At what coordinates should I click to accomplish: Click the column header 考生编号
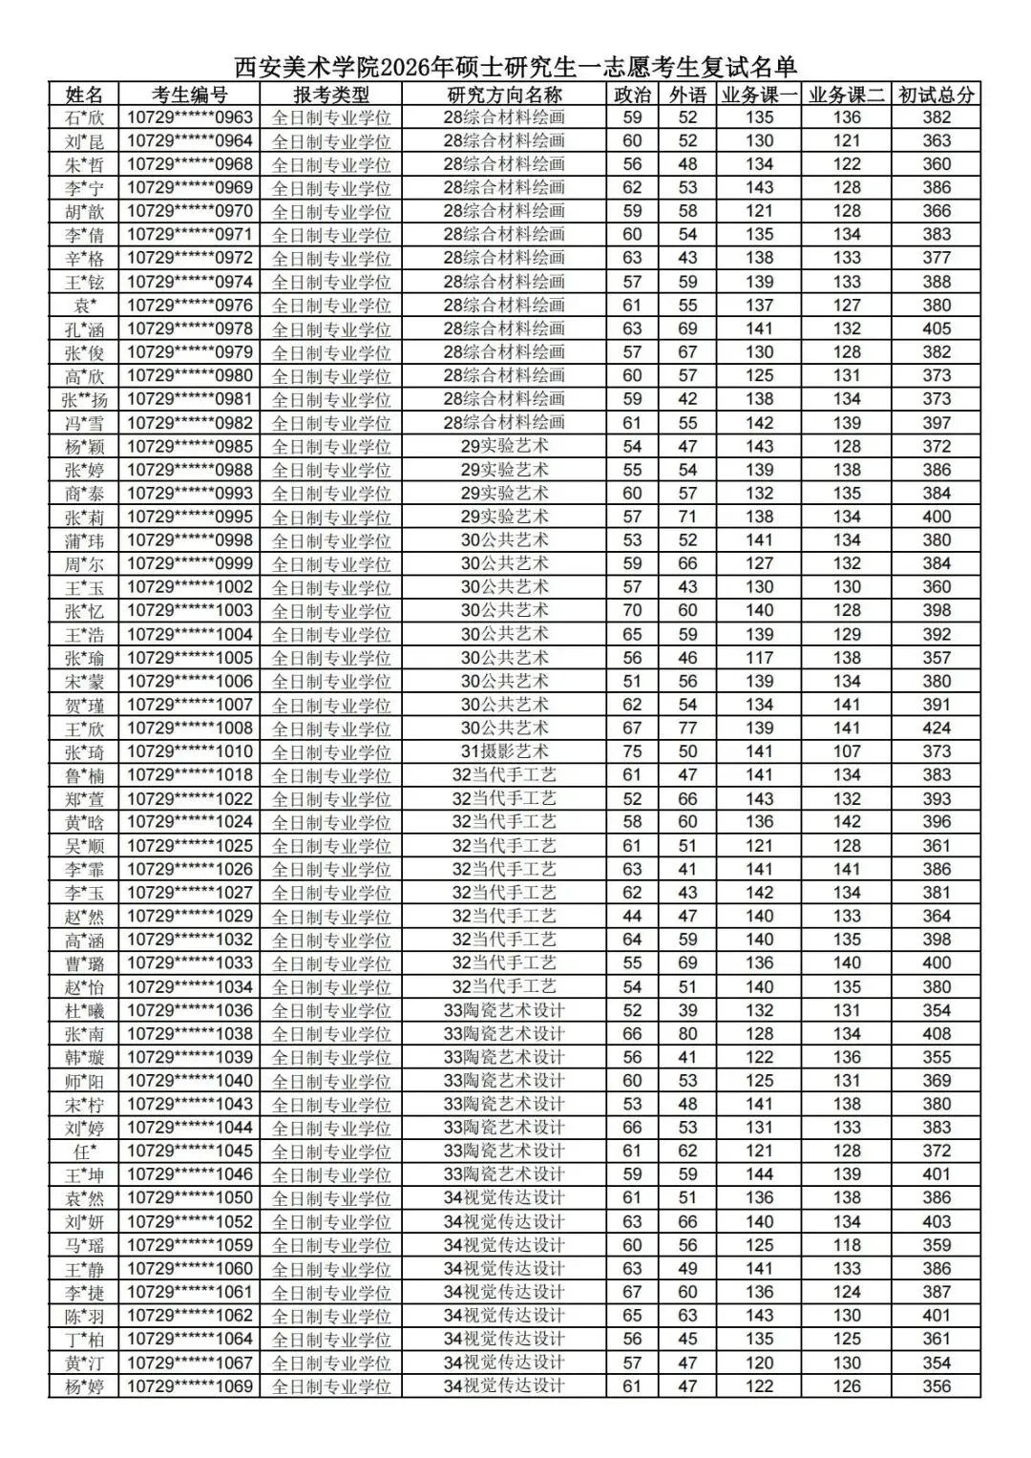(x=189, y=95)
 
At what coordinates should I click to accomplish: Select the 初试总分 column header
(x=936, y=95)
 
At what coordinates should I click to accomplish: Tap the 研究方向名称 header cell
(x=504, y=95)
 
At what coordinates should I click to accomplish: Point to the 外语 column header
(x=687, y=95)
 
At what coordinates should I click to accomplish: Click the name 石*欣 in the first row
(x=84, y=117)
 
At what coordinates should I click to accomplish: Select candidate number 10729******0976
(x=189, y=306)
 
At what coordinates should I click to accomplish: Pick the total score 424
(x=936, y=729)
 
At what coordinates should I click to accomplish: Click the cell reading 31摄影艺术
(x=504, y=751)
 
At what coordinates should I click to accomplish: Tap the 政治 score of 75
(x=632, y=751)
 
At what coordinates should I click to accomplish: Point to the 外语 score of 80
(x=687, y=1033)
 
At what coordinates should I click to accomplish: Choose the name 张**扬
(x=84, y=399)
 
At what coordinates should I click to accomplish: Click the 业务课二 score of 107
(x=847, y=751)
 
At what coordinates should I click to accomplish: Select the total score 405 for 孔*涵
(x=936, y=328)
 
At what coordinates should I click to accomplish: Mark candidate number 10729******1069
(x=189, y=1386)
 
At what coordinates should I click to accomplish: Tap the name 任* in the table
(x=84, y=1151)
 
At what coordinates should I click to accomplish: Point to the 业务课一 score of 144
(x=760, y=1174)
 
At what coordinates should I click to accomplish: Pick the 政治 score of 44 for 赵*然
(x=632, y=916)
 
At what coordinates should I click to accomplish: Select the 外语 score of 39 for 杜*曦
(x=687, y=1010)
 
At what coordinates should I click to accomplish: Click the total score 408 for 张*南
(x=936, y=1033)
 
